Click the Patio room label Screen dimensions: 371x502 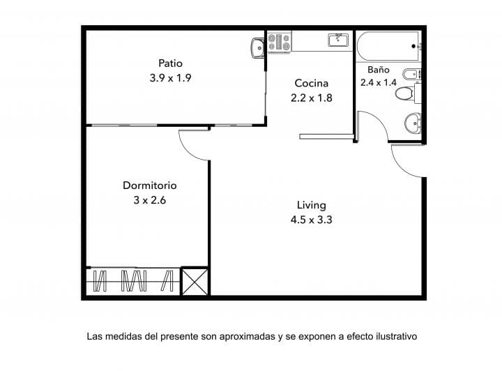[170, 63]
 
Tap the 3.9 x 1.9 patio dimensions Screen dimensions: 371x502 [170, 78]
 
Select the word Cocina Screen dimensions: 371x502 [311, 82]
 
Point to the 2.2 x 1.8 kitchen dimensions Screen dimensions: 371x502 [311, 98]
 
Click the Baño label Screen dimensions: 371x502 [378, 70]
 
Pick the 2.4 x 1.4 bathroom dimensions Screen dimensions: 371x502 [378, 82]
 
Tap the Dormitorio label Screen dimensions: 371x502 [149, 185]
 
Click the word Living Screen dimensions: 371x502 [311, 205]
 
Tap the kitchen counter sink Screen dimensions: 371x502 [338, 40]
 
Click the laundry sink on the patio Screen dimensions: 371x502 [257, 47]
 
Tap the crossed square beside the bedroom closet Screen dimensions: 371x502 [195, 281]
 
